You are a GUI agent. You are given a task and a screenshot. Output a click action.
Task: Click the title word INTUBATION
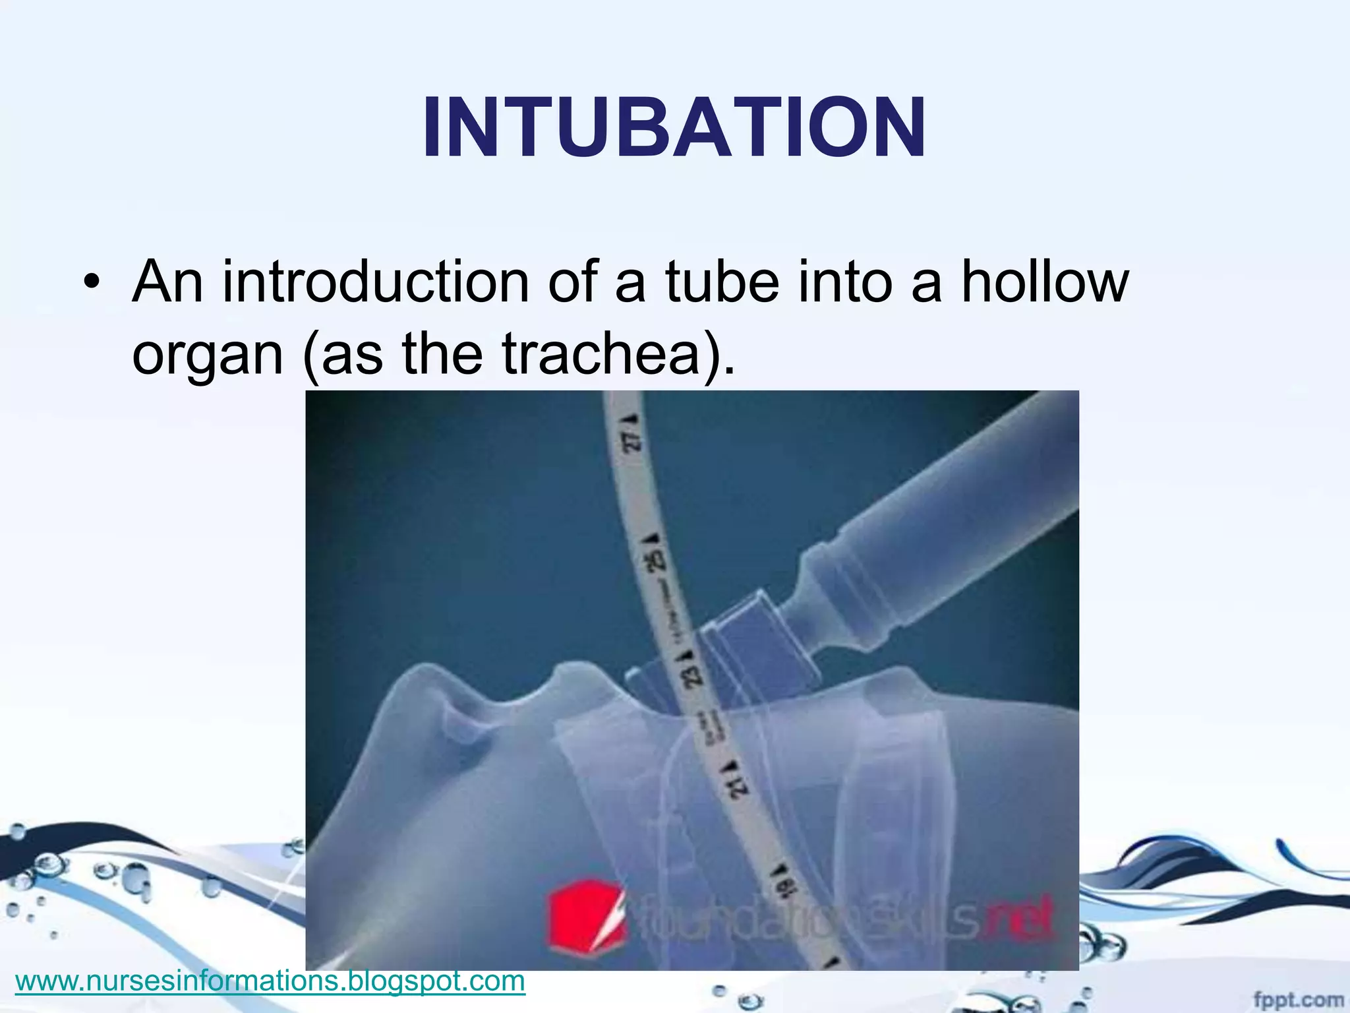(674, 127)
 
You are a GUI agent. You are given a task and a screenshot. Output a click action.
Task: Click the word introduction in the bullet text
(374, 282)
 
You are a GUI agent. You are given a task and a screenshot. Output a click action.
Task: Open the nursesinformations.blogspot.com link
(270, 981)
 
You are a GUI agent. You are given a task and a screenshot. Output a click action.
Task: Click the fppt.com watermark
(1297, 1000)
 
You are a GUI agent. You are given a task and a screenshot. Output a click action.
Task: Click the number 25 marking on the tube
(657, 561)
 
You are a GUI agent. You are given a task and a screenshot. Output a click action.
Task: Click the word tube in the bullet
(722, 282)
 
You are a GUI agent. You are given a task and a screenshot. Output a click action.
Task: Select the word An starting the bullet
(167, 282)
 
